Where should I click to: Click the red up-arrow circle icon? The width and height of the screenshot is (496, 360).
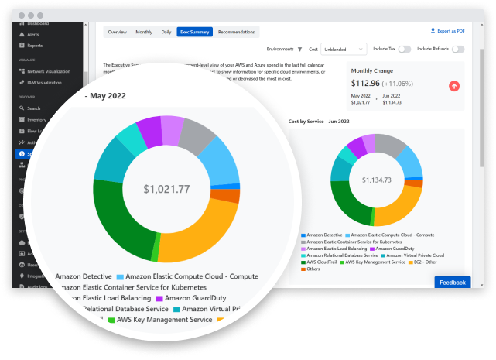(454, 85)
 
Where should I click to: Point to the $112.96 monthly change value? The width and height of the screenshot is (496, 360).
(365, 83)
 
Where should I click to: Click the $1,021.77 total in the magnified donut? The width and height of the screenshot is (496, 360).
(166, 188)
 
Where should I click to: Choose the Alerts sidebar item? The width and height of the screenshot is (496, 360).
(33, 35)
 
